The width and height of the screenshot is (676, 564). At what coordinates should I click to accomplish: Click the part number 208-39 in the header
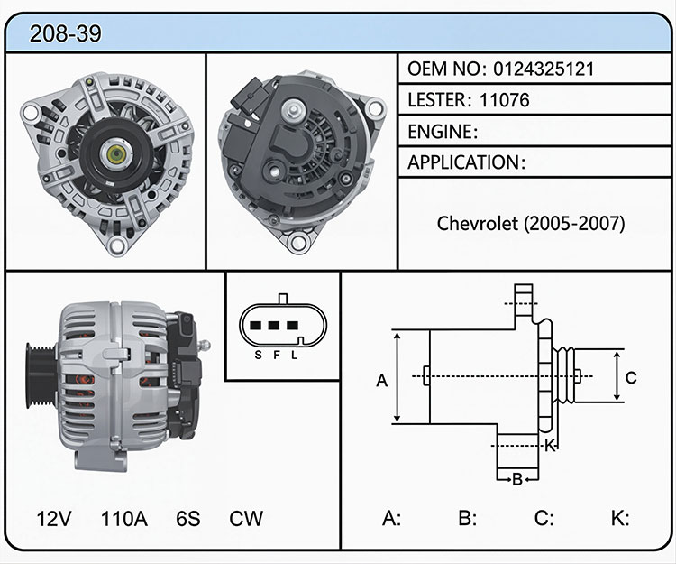click(x=66, y=33)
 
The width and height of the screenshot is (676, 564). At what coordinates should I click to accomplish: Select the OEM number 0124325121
click(x=544, y=69)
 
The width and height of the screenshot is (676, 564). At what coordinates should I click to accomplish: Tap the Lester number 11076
click(x=504, y=100)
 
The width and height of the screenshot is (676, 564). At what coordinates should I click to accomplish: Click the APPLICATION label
click(x=464, y=162)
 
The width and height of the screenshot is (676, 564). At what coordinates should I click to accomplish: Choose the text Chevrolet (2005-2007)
click(x=531, y=224)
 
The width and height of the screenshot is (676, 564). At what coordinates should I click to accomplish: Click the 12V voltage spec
click(x=54, y=519)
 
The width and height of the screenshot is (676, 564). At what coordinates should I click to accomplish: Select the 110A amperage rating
click(x=124, y=519)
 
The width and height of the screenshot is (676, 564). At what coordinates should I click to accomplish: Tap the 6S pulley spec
click(x=188, y=519)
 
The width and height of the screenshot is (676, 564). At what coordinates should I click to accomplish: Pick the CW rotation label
click(x=246, y=519)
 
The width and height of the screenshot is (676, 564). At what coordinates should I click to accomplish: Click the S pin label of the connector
click(x=258, y=356)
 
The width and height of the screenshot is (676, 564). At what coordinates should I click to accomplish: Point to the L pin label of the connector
click(x=294, y=356)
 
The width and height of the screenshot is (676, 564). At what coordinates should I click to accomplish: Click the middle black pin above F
click(x=274, y=326)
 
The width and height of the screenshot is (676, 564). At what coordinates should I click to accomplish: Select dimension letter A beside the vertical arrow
click(x=381, y=381)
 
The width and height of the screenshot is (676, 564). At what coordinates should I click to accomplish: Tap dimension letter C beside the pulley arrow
click(x=631, y=377)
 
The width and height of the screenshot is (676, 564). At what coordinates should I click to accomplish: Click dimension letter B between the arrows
click(x=517, y=479)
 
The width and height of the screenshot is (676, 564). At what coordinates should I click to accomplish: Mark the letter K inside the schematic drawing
click(x=550, y=445)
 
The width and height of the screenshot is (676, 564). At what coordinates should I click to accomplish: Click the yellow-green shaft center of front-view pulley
click(x=115, y=154)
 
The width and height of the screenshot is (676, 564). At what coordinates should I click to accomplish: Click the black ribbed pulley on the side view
click(x=40, y=376)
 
